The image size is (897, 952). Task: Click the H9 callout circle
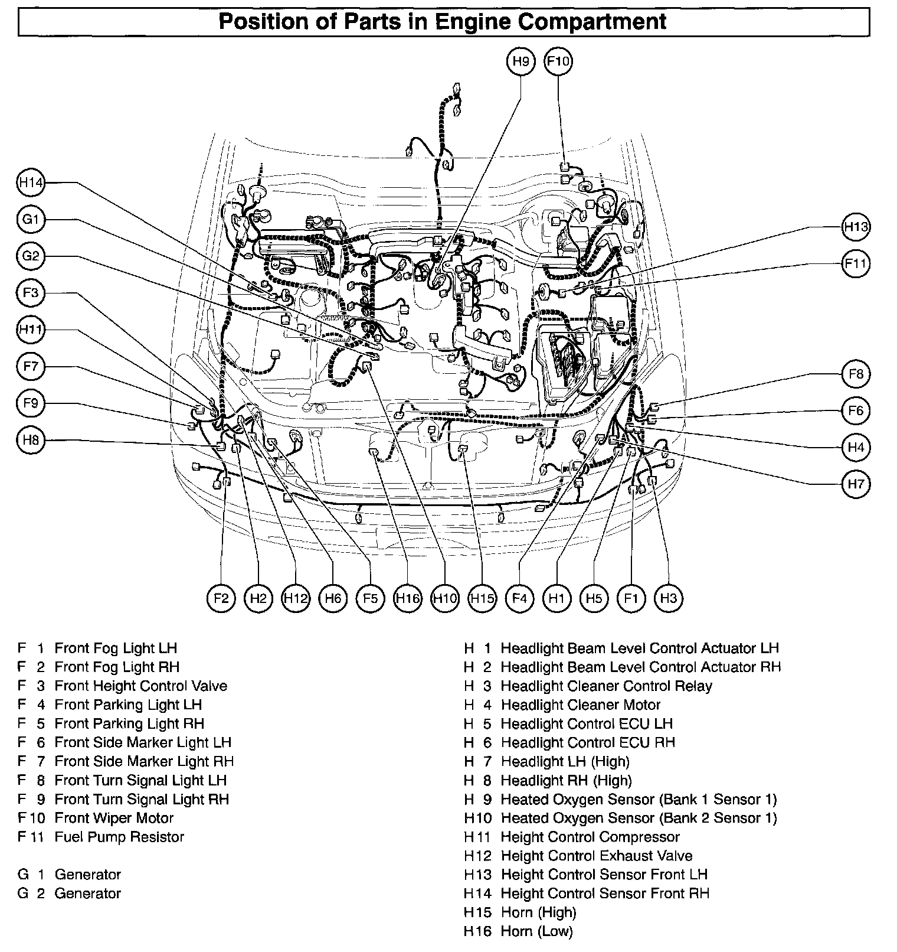point(520,61)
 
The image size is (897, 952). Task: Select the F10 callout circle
point(558,61)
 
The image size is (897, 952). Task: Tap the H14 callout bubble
point(31,183)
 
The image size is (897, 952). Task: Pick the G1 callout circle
point(31,220)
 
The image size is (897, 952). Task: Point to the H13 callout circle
point(856,227)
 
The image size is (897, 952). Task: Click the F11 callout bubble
point(856,263)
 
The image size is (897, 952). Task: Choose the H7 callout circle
point(856,484)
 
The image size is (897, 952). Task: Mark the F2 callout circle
point(221,598)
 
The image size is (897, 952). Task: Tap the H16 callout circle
point(408,598)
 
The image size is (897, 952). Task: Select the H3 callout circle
point(668,598)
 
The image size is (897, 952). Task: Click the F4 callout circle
point(519,598)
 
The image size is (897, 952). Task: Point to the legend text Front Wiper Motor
point(114,819)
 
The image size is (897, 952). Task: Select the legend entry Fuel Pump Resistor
point(119,837)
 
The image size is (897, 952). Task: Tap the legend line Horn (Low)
point(536,932)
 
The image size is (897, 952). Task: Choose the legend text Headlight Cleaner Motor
point(581,705)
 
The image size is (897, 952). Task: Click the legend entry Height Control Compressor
point(590,837)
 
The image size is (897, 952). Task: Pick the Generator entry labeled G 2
point(87,894)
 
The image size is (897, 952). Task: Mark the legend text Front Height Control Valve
point(140,686)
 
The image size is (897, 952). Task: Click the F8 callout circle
point(856,374)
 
